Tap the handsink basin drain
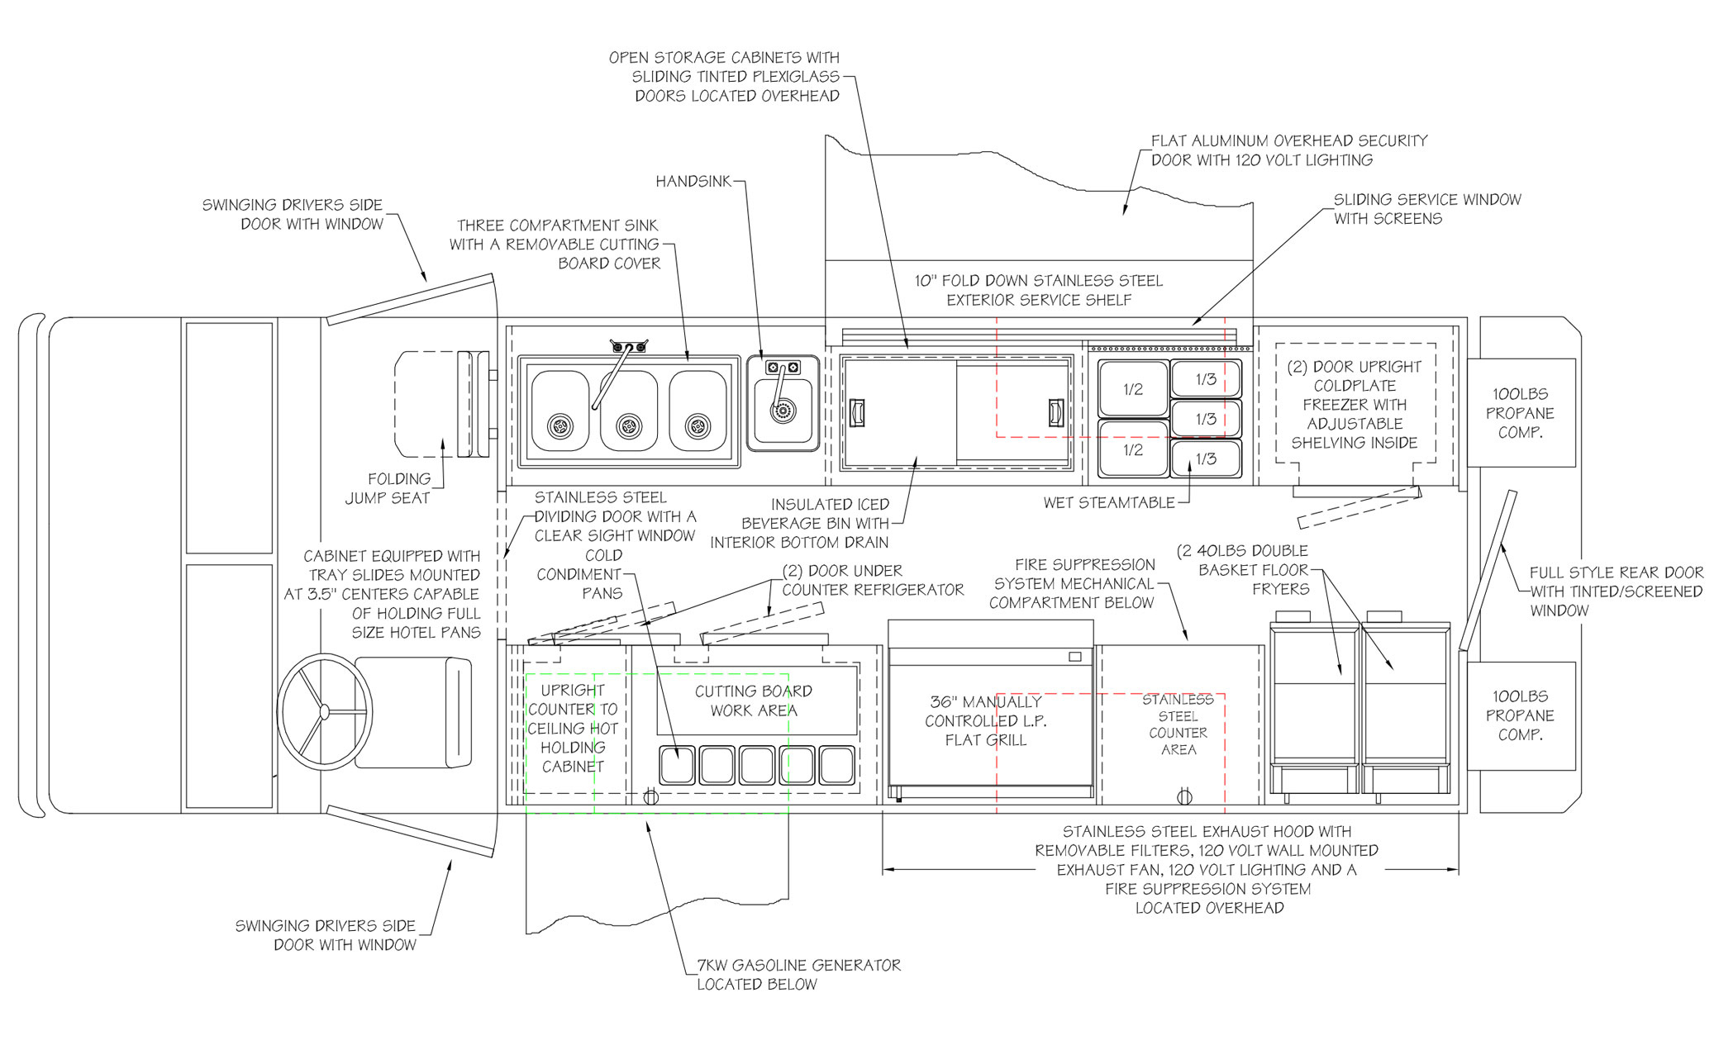click(782, 410)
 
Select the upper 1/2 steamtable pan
click(1132, 389)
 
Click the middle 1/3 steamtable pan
click(1206, 419)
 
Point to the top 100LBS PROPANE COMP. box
click(1521, 413)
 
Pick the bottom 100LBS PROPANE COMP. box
click(1521, 715)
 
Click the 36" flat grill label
click(986, 720)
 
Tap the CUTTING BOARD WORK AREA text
click(754, 701)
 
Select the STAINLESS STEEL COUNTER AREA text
click(1179, 724)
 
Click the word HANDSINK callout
click(693, 181)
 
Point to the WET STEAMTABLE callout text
click(1109, 502)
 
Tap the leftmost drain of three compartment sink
click(560, 426)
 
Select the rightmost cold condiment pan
click(837, 765)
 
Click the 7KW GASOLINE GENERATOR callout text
click(798, 975)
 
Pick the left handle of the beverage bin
click(857, 412)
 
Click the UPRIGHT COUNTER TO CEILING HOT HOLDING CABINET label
click(573, 728)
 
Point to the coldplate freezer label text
click(1355, 405)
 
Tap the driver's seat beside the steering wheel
click(413, 712)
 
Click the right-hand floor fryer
click(1406, 707)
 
